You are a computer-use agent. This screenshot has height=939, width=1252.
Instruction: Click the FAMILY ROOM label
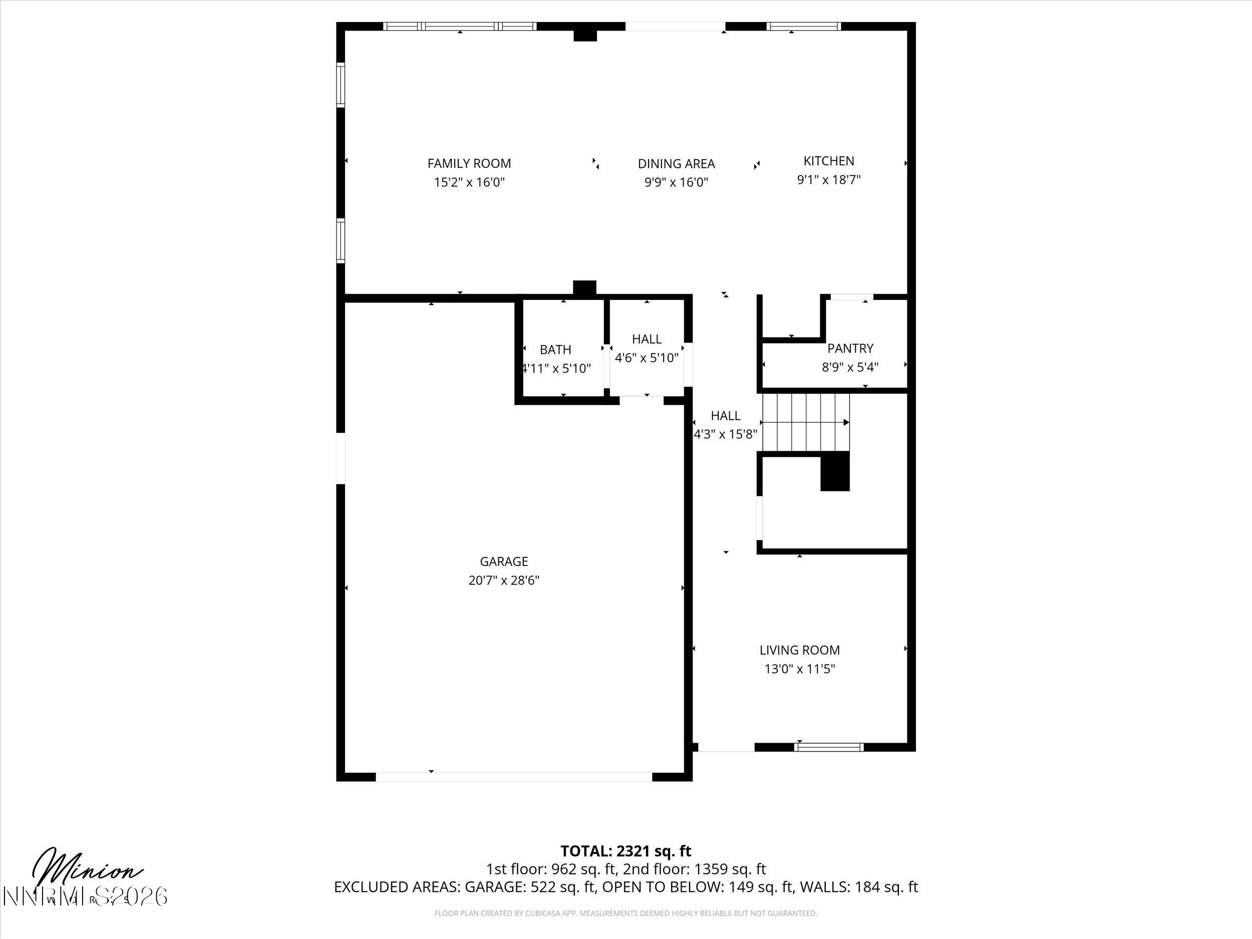point(469,164)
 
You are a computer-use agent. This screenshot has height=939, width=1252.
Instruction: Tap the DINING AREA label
point(677,164)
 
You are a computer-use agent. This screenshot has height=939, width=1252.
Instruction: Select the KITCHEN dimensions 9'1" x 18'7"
point(829,180)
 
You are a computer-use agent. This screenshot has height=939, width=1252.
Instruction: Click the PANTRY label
point(850,348)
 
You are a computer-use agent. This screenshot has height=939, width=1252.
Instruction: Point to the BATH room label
point(555,350)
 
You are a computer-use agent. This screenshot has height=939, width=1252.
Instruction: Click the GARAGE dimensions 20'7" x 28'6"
point(504,580)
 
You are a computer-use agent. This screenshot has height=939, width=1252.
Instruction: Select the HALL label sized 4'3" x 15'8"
point(725,416)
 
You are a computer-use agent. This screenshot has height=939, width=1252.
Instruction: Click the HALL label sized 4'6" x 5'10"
point(647,339)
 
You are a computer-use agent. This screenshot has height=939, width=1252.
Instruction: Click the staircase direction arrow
point(846,422)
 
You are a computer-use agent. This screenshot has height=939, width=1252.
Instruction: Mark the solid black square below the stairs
point(835,471)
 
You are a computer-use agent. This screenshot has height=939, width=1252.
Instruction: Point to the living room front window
point(829,747)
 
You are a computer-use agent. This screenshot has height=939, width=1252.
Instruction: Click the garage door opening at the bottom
point(513,777)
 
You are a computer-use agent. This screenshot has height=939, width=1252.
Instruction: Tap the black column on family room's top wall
point(585,35)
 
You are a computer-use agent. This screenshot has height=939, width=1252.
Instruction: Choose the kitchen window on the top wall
point(804,26)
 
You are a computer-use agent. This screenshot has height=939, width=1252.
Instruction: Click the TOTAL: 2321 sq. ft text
point(625,851)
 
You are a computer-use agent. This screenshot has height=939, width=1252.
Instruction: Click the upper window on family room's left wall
point(340,85)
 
